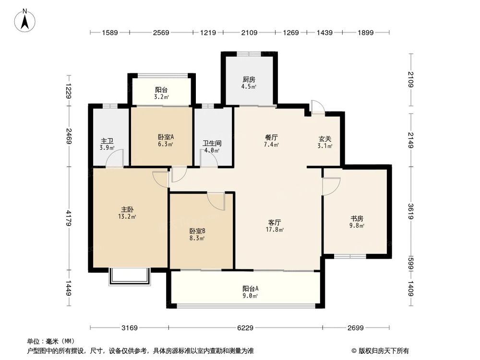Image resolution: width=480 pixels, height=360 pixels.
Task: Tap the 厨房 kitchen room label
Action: point(249,80)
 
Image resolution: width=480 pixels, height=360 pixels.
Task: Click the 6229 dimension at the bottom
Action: point(245,328)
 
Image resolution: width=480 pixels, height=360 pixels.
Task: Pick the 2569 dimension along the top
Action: point(162,33)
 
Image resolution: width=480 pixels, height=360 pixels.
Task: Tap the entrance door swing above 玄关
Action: point(317,107)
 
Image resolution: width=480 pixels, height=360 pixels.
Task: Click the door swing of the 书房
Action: point(330,185)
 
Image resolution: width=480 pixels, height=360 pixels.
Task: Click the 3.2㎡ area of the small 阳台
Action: point(161,96)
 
